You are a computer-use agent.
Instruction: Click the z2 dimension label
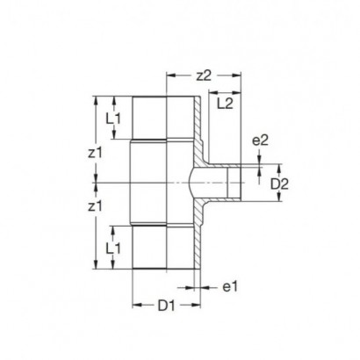tap(204, 76)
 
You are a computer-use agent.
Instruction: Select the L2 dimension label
tap(225, 104)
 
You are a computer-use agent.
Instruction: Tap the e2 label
tap(260, 140)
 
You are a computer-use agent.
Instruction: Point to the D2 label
tap(279, 184)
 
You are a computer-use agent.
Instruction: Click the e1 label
tap(230, 286)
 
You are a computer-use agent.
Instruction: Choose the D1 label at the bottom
tap(166, 306)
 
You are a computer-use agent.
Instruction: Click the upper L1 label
tap(113, 119)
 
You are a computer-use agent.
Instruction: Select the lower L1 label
tap(113, 248)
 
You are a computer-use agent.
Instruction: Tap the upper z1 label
tap(96, 153)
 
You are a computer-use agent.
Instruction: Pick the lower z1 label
tap(96, 206)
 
